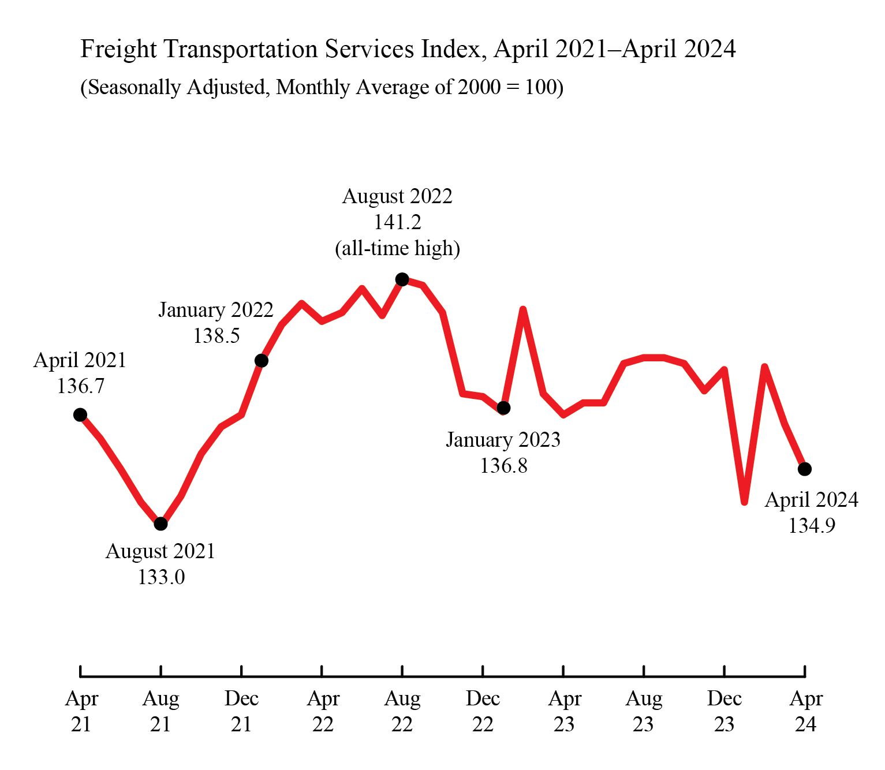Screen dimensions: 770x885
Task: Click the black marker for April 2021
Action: (x=80, y=414)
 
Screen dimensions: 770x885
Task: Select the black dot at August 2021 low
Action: (x=160, y=524)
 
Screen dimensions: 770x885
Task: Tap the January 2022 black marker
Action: (x=261, y=361)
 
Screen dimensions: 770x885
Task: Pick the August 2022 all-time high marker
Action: (x=402, y=279)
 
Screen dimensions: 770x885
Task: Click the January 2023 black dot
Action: (x=503, y=408)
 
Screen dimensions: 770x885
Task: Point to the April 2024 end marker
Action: (x=805, y=469)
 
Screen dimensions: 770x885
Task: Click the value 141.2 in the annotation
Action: (x=397, y=222)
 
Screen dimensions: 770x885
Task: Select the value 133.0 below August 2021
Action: (x=161, y=577)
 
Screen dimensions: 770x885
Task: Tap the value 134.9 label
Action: (x=812, y=526)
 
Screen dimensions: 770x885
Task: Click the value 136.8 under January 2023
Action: (x=503, y=465)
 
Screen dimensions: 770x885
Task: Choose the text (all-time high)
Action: (x=397, y=248)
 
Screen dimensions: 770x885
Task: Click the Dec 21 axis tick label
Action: (x=241, y=711)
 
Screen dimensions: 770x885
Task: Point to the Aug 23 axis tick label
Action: (x=644, y=711)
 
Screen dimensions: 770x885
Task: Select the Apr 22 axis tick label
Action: (x=322, y=711)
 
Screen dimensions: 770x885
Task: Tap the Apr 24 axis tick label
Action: (x=805, y=711)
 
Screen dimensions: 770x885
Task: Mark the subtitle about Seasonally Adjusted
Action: (x=322, y=87)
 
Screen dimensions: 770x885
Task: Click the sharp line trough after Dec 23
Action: (x=744, y=502)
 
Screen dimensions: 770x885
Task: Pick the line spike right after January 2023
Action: (x=523, y=310)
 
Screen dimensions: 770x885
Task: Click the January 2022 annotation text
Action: (x=216, y=311)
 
